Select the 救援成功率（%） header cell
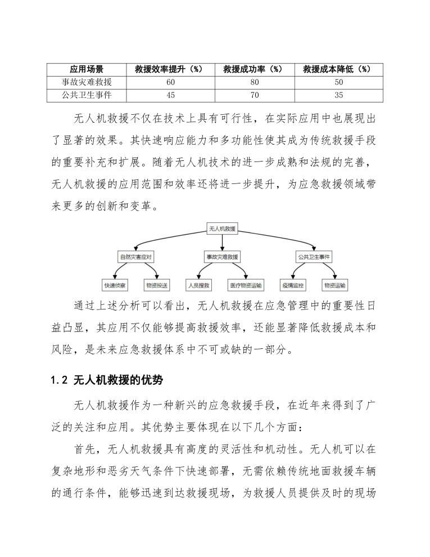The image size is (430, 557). [x=252, y=69]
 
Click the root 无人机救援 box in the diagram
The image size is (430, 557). [x=223, y=229]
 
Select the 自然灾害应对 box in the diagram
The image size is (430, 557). [x=135, y=257]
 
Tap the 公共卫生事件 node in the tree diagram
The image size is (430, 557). [x=314, y=257]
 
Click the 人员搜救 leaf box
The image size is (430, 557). [x=198, y=285]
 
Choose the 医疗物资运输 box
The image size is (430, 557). [x=246, y=285]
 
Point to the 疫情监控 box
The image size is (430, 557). [x=292, y=285]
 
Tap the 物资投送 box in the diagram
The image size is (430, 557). [x=157, y=285]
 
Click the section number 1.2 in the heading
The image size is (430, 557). [x=59, y=381]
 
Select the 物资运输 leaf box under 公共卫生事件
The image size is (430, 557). [x=335, y=285]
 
